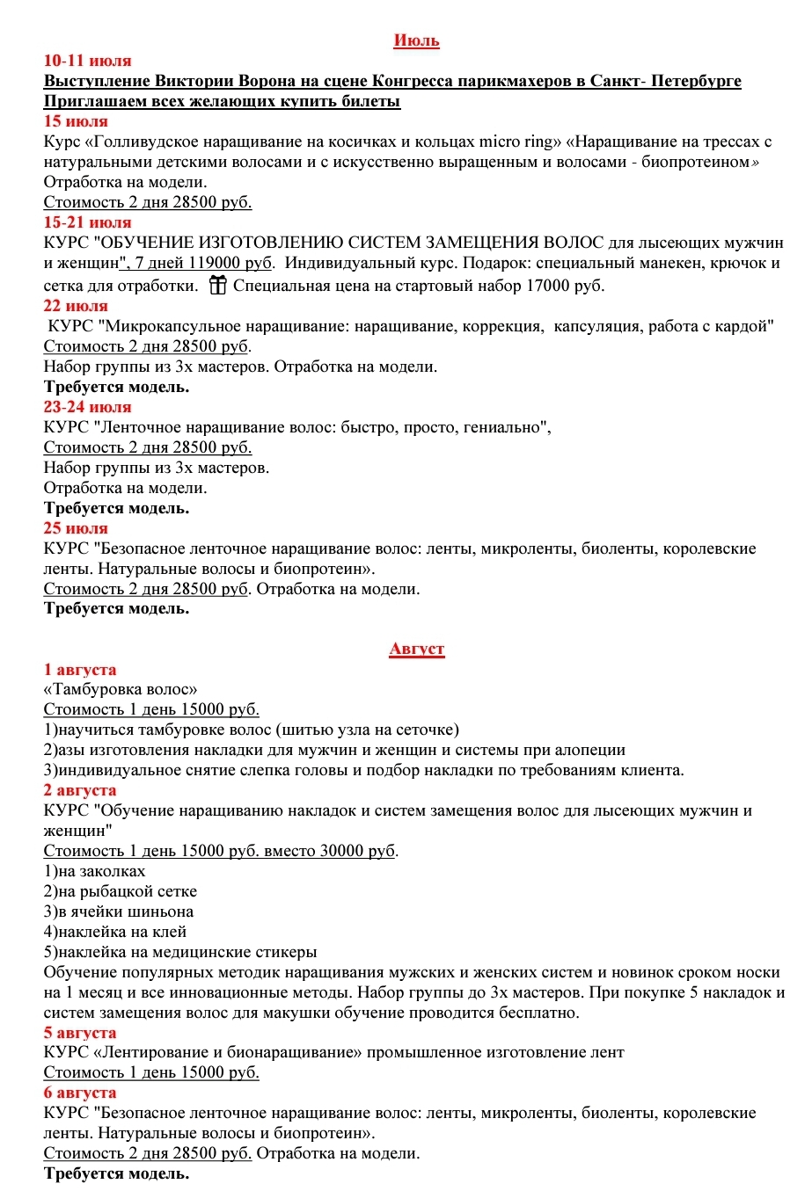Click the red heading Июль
[416, 40]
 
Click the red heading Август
[417, 650]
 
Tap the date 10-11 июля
[87, 61]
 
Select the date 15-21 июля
[87, 222]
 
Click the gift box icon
[217, 285]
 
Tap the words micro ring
[520, 142]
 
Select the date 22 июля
[76, 306]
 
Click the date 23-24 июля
[87, 407]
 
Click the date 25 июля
[76, 528]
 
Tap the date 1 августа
[80, 670]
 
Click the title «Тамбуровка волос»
[121, 689]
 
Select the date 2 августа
[80, 790]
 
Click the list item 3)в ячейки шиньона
[119, 911]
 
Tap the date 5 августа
[80, 1033]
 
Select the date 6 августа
[80, 1093]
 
